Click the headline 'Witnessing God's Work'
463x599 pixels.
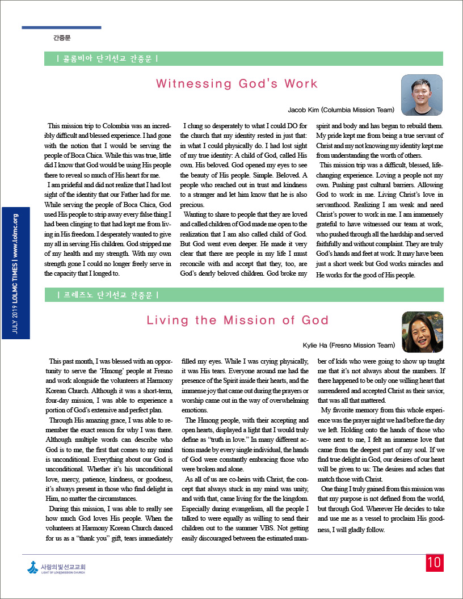click(237, 84)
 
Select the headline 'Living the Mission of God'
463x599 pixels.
click(238, 320)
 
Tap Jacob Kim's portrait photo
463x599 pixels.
click(422, 95)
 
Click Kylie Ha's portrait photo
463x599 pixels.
click(422, 332)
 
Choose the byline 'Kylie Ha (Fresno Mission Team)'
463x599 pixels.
click(348, 345)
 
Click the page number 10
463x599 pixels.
click(434, 563)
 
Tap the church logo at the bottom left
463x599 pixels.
click(56, 568)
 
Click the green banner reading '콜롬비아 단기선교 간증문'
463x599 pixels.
click(107, 58)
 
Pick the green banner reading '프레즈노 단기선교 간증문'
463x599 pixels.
click(107, 295)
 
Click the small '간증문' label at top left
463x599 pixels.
click(62, 38)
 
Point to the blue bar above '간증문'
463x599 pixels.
click(61, 27)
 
